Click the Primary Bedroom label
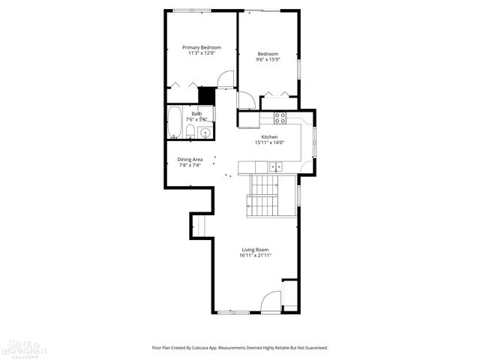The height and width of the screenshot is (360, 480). click(x=201, y=47)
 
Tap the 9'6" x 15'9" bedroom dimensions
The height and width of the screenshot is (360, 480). click(x=268, y=60)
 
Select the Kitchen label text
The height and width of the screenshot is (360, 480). click(x=269, y=137)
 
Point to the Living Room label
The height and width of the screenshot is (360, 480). click(x=255, y=250)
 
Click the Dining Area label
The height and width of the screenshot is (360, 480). click(x=190, y=159)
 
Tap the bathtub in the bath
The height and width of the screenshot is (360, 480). click(x=174, y=124)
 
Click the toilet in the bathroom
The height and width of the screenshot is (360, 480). click(x=190, y=133)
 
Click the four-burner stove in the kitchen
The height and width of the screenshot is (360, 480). click(x=280, y=118)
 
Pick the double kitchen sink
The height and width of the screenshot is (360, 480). click(x=275, y=167)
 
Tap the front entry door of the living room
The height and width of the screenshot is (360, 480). click(x=270, y=302)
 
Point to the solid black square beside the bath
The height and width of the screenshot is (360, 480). click(x=207, y=96)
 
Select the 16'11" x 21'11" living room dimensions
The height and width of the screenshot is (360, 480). click(x=255, y=256)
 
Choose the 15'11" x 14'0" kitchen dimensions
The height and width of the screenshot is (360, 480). click(x=269, y=143)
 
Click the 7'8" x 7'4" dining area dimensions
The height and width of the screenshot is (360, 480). click(x=190, y=165)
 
